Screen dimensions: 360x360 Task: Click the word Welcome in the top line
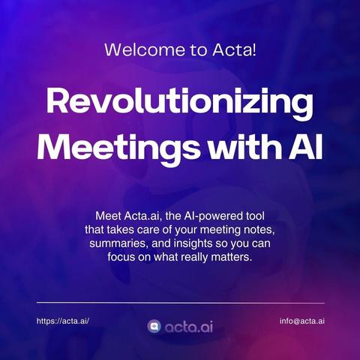[145, 49]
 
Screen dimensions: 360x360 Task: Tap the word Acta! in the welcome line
[235, 49]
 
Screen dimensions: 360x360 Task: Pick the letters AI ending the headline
[306, 147]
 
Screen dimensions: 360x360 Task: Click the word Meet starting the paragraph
[108, 216]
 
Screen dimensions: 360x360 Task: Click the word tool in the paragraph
[255, 216]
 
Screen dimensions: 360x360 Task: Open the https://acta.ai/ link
[63, 321]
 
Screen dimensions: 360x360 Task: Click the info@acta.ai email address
[302, 321]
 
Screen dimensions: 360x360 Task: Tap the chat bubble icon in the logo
[154, 327]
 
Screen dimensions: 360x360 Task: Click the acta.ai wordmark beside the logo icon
[189, 327]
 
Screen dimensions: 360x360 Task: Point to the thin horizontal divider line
[181, 303]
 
